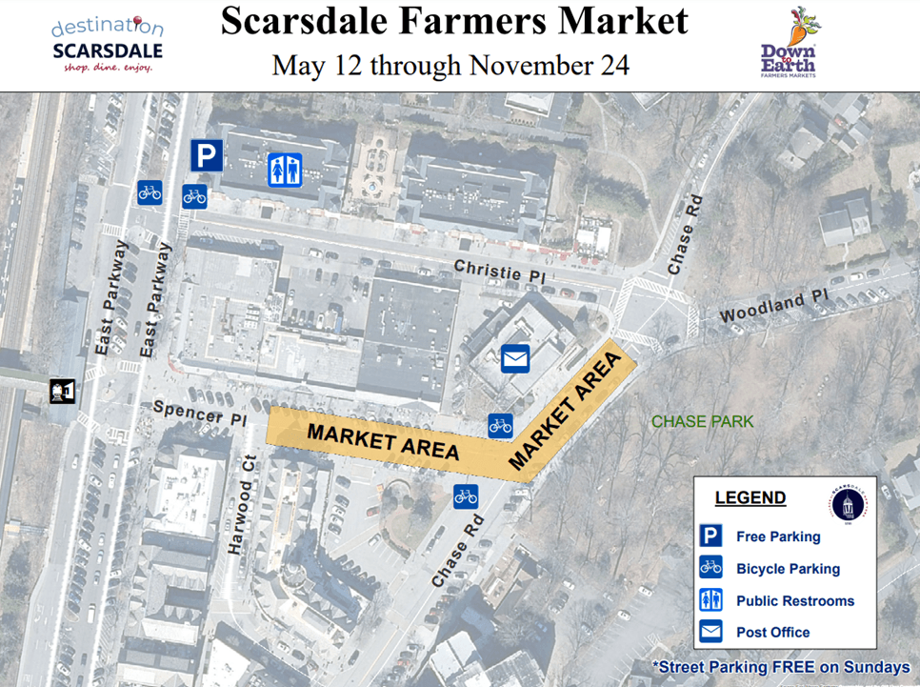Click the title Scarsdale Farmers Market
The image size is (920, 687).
[x=453, y=21]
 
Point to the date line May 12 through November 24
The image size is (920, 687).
[x=450, y=66]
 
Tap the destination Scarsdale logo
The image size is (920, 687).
[x=107, y=45]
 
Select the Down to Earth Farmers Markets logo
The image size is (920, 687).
[x=789, y=44]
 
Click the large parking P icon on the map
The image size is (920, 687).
[x=207, y=155]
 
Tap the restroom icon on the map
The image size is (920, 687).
[x=285, y=170]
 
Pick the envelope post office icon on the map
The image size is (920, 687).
[x=514, y=358]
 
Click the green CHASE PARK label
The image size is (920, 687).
[x=702, y=421]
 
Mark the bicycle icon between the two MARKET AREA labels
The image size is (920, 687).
[x=500, y=426]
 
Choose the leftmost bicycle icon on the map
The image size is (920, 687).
[x=150, y=192]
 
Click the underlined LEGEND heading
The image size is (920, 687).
[x=750, y=498]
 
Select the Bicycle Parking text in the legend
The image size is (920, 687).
[x=788, y=569]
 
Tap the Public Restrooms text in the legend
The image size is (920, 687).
[x=795, y=601]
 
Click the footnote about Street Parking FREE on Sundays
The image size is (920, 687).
[x=781, y=668]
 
